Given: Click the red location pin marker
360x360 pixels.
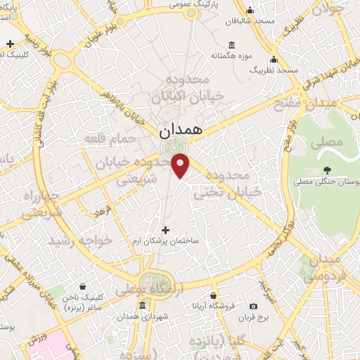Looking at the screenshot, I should (181, 165).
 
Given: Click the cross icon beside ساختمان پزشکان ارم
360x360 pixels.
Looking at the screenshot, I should (166, 230).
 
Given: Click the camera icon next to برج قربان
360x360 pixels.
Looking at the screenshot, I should (254, 305).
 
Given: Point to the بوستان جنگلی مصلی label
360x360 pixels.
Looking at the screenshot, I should (333, 181).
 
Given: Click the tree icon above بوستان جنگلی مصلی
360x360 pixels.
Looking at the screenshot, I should (327, 169).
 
